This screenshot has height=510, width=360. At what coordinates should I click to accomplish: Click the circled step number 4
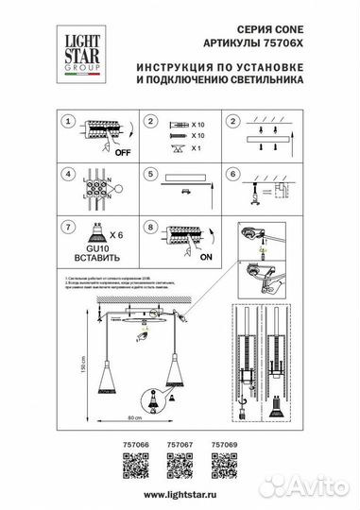click(67, 174)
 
